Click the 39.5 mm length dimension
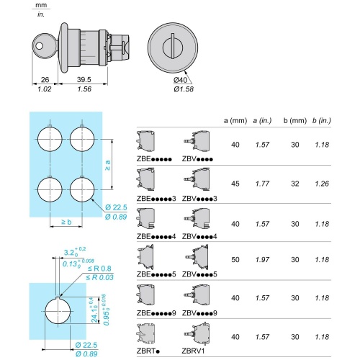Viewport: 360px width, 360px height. tap(84, 79)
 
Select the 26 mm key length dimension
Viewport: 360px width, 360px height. tap(45, 79)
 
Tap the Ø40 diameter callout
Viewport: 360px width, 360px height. tap(180, 80)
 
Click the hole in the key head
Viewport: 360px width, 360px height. tap(39, 46)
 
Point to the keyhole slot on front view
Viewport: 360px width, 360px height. tap(173, 46)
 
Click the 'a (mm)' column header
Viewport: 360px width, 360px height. tap(235, 120)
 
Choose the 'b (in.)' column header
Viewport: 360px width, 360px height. tap(322, 120)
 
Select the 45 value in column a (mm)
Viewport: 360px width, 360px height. tap(235, 184)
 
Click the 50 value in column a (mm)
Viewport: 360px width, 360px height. tap(235, 259)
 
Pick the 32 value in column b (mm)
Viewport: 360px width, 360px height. tap(295, 184)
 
